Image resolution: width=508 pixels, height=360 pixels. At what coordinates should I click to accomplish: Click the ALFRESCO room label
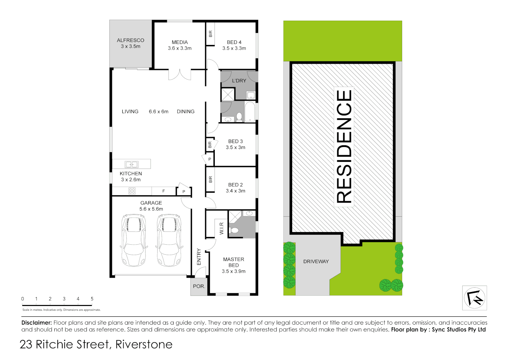131,40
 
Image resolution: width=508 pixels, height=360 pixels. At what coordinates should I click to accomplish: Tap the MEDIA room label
180,42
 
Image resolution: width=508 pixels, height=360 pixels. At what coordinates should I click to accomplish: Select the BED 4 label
234,42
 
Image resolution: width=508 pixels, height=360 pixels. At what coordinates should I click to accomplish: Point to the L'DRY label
239,81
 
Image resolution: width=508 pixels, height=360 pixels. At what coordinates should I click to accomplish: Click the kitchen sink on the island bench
132,164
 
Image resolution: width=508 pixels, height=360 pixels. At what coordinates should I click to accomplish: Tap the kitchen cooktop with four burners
132,191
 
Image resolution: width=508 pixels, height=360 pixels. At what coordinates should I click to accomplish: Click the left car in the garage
134,240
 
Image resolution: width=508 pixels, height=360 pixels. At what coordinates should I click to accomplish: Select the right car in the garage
169,240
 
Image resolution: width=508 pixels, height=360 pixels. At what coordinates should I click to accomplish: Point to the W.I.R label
222,228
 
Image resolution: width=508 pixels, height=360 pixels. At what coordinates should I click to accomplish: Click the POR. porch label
199,286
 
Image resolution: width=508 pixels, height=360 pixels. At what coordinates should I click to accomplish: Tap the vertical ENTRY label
199,257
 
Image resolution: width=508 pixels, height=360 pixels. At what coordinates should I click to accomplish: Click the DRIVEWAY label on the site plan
316,262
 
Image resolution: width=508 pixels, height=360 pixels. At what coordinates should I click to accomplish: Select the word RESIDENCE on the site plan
344,147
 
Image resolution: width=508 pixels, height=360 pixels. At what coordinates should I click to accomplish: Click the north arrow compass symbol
474,298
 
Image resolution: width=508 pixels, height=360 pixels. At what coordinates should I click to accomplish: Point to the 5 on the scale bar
92,299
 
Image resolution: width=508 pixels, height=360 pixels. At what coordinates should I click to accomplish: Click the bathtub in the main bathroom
250,112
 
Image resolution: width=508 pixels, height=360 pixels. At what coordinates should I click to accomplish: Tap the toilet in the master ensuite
235,230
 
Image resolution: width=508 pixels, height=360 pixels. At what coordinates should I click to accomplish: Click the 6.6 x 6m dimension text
159,112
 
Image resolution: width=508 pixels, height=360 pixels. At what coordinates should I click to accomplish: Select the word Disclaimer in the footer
37,323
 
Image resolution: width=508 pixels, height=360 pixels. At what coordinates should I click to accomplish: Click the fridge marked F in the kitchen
164,191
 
